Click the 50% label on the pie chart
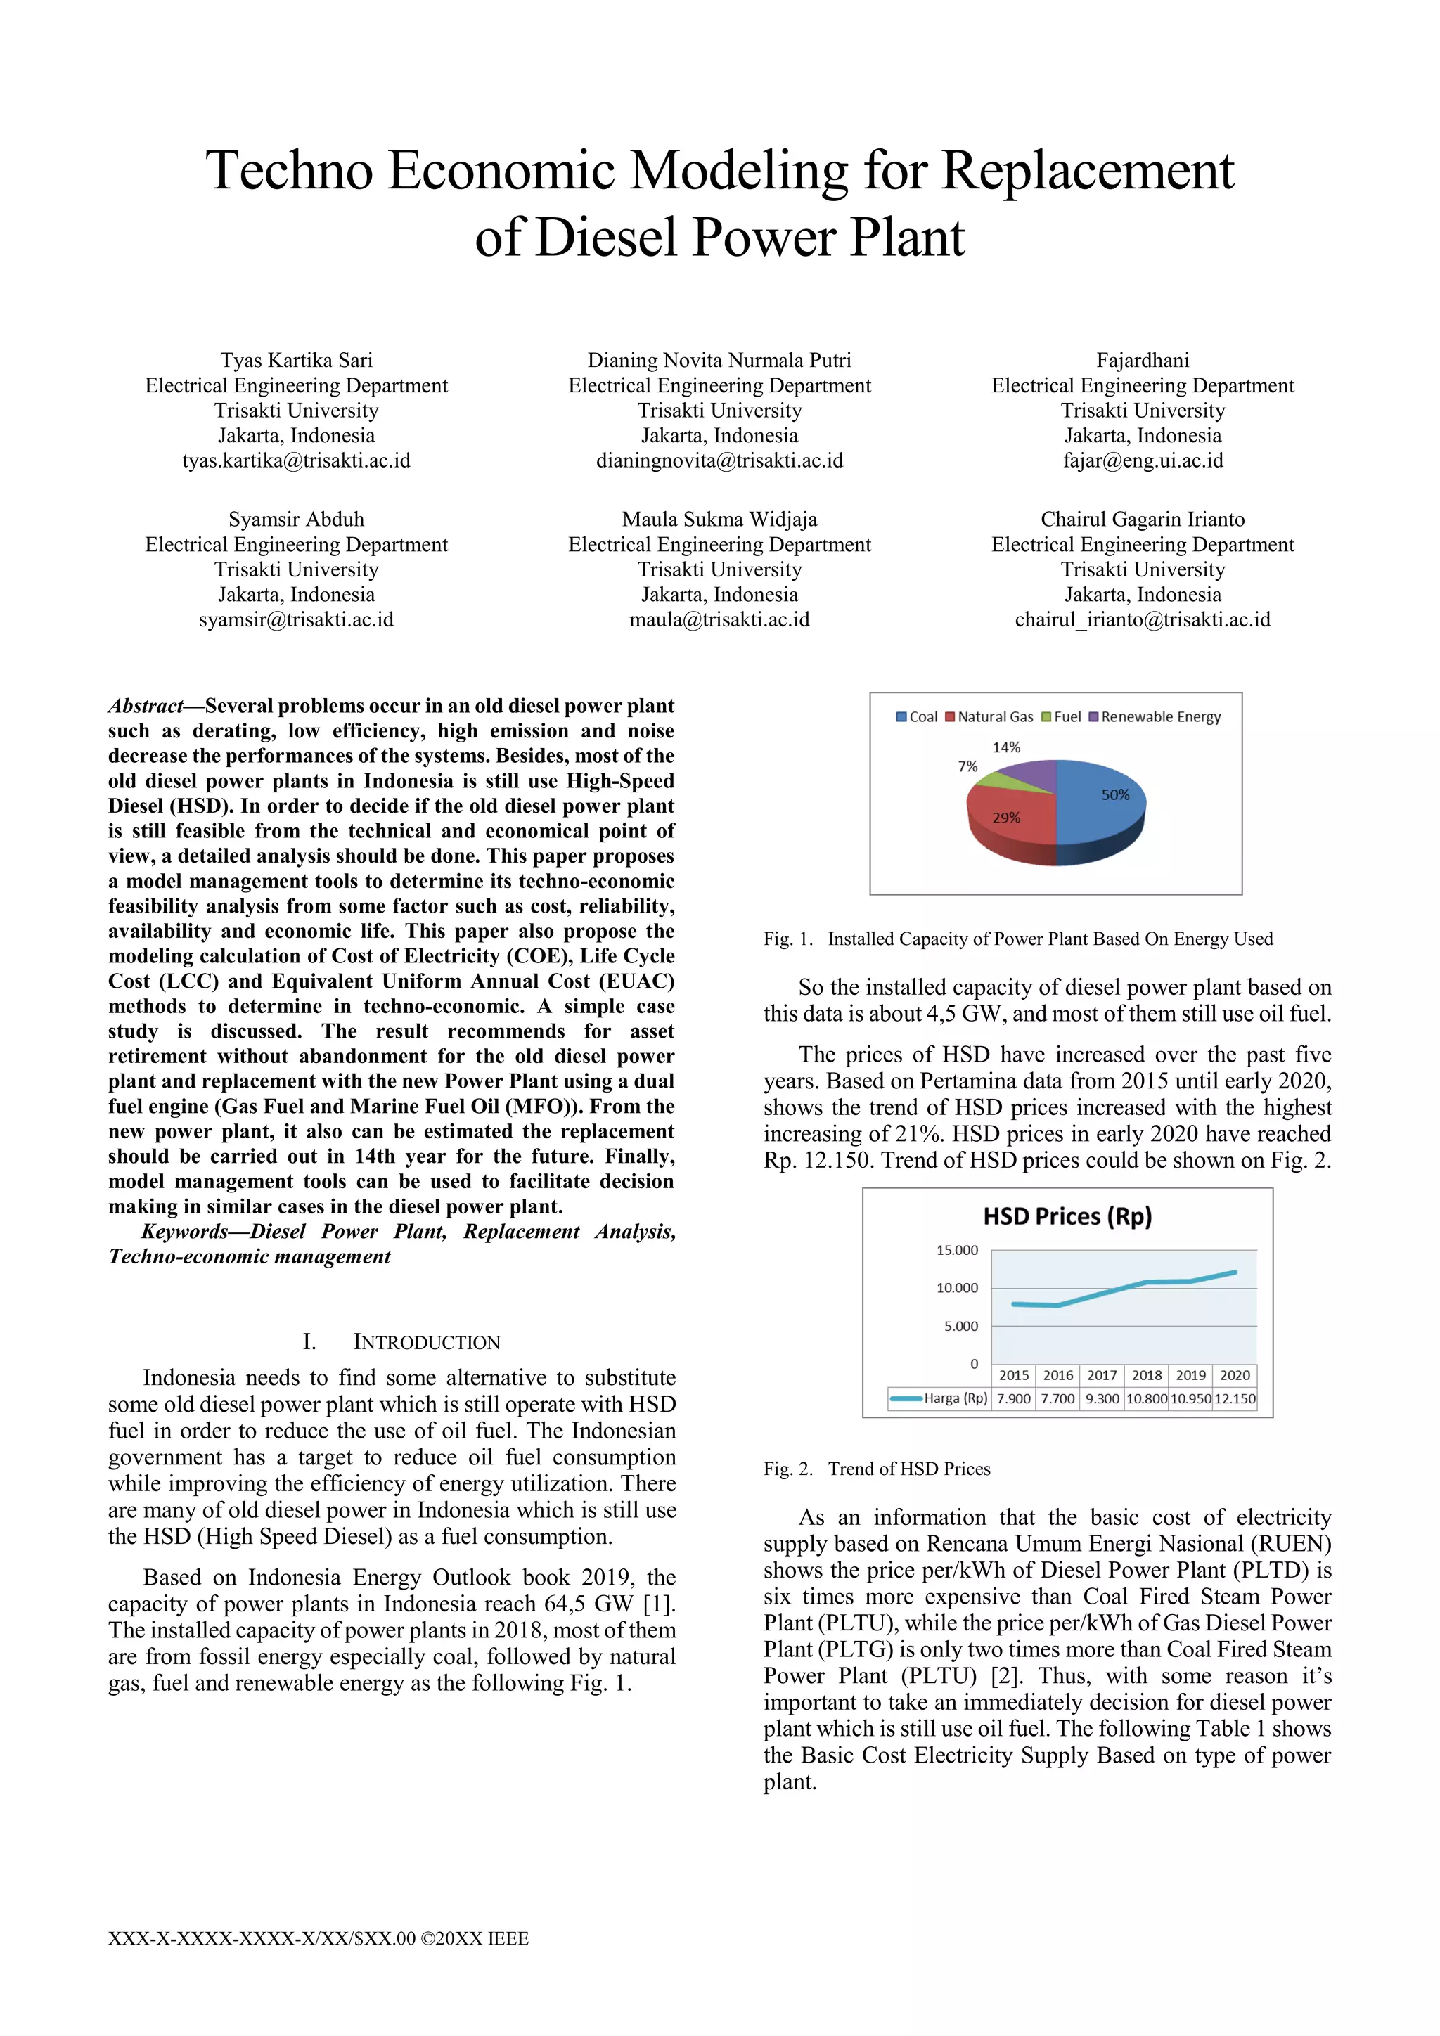point(1114,794)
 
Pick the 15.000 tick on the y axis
point(957,1250)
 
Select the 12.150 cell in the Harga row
point(1234,1398)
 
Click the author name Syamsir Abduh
point(296,520)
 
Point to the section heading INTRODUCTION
point(427,1343)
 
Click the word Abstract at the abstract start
point(146,706)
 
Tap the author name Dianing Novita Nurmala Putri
point(719,360)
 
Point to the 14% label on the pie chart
point(1005,747)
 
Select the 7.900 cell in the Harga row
point(1013,1398)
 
